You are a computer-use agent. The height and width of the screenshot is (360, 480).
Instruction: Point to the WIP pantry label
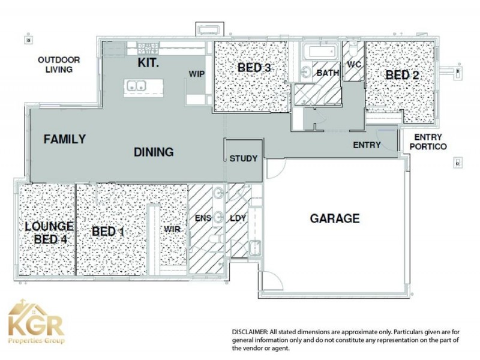(197, 73)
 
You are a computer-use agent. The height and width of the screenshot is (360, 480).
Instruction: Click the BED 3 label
(254, 68)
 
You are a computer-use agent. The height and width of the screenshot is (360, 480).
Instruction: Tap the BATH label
(328, 73)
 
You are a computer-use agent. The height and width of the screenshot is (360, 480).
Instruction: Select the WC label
(353, 64)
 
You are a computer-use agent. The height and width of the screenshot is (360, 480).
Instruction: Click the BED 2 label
(402, 75)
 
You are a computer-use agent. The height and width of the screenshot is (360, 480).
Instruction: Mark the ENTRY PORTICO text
(427, 142)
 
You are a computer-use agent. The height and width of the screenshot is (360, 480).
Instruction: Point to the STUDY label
(244, 159)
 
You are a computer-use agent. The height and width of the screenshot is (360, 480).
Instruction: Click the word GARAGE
(335, 218)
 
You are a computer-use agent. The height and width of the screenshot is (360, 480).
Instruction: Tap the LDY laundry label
(238, 218)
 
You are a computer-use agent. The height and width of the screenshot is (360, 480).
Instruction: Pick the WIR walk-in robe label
(173, 229)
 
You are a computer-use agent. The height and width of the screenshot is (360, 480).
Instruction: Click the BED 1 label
(108, 232)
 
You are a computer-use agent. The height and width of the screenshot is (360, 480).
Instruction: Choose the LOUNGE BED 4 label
(49, 232)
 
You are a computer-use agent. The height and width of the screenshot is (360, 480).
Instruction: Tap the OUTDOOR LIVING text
(59, 65)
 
